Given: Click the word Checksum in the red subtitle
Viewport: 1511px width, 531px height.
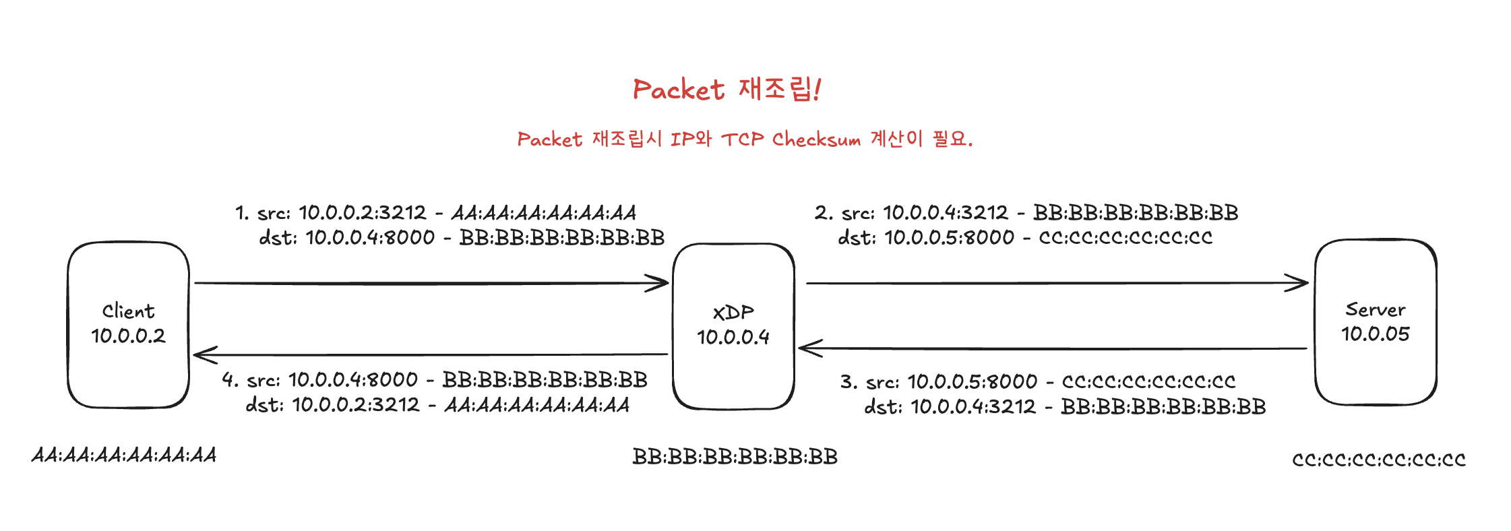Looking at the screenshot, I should click(816, 139).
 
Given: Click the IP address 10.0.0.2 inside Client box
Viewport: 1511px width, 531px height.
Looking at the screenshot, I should click(128, 336).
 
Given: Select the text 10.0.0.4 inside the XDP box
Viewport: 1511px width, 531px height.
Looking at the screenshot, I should click(733, 337).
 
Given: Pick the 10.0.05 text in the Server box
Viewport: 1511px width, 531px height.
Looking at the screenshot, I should click(1375, 334).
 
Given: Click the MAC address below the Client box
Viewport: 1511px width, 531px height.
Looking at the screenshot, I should click(124, 456).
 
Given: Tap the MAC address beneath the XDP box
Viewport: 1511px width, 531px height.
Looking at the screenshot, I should click(735, 457).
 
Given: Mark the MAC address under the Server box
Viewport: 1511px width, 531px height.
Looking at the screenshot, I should click(1378, 460).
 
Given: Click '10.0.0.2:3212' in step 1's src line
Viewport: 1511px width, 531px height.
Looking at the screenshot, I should click(363, 213).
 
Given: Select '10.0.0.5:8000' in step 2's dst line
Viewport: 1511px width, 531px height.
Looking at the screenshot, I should click(949, 237).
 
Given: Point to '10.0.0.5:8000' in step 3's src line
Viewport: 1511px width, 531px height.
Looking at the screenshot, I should click(973, 382).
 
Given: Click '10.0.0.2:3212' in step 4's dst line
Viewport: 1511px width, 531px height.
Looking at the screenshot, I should click(356, 405).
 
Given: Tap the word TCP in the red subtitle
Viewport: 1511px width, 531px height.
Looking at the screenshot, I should click(742, 139).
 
